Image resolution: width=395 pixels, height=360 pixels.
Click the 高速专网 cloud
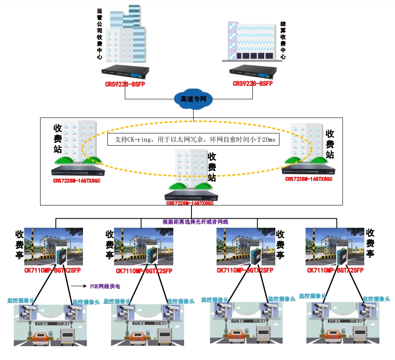[x=193, y=99]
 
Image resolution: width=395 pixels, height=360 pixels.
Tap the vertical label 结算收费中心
[x=283, y=40]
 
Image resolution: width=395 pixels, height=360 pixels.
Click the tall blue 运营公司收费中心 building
[x=125, y=35]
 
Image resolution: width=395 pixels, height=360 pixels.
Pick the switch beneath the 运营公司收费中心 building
[x=125, y=72]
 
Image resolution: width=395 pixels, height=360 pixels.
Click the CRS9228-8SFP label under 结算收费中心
[x=253, y=83]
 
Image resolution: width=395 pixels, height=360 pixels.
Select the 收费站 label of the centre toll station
[x=212, y=166]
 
